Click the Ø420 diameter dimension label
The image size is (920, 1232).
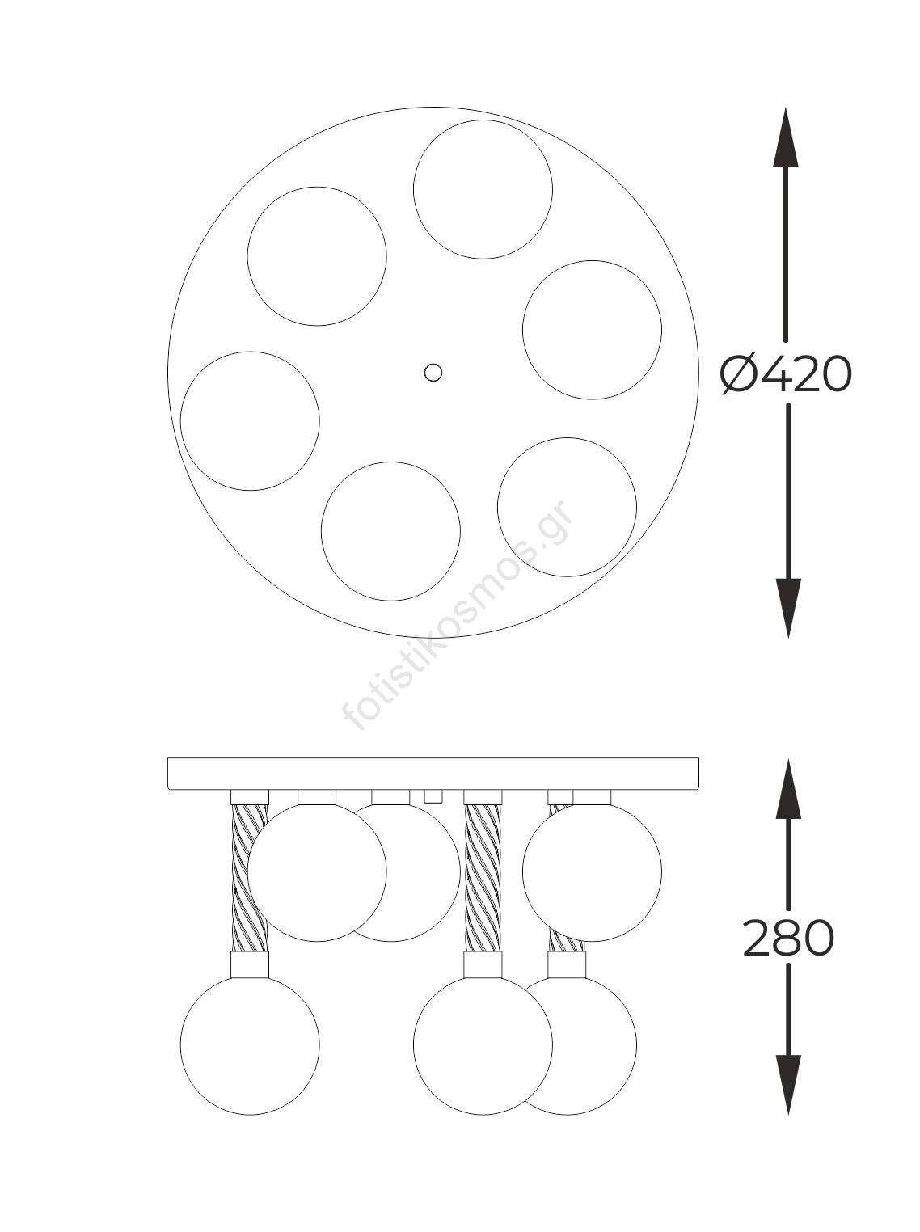coord(786,374)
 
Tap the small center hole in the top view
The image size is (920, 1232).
coord(433,372)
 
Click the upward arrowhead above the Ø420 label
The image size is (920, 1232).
coord(786,137)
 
